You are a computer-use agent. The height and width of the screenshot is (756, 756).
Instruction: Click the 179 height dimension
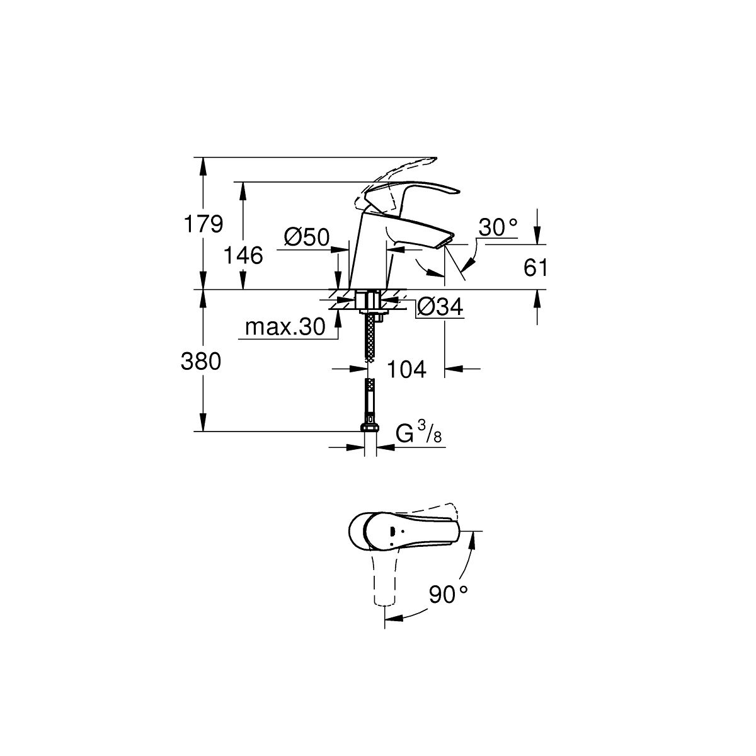coord(203,224)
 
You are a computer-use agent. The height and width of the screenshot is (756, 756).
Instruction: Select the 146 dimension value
coord(243,255)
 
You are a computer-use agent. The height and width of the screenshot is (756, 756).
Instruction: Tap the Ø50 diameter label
coord(307,237)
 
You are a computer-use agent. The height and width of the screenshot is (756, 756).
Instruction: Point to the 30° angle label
coord(498,227)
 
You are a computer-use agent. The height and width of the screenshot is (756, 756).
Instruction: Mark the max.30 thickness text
coord(285,326)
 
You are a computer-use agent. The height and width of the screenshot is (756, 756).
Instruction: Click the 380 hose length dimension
coord(201,361)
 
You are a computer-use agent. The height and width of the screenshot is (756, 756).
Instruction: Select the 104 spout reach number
coord(406,369)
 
